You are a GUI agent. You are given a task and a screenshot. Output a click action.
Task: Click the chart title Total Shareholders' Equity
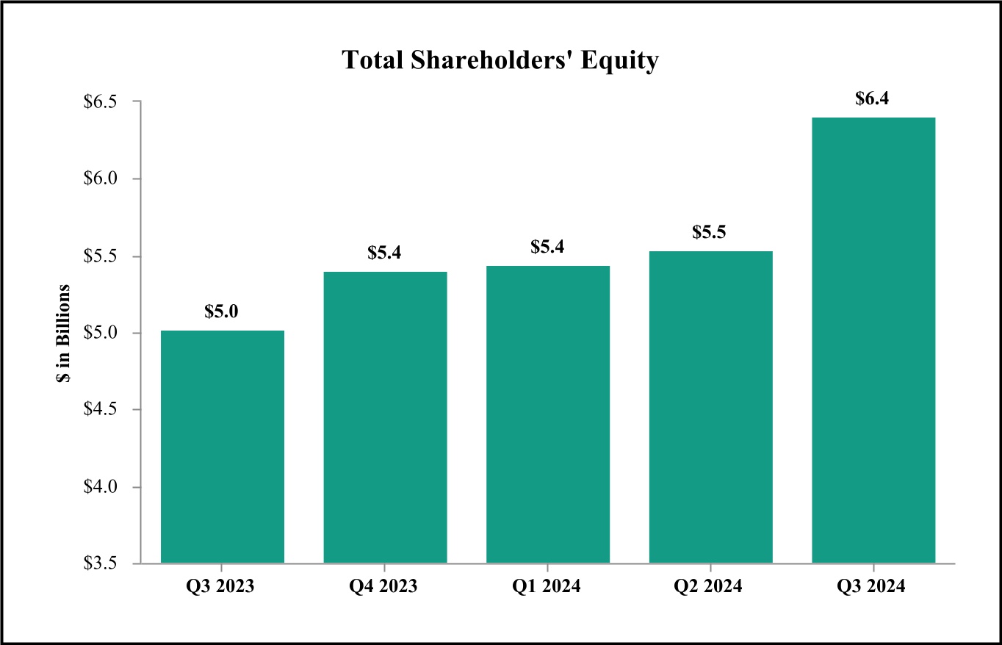click(500, 61)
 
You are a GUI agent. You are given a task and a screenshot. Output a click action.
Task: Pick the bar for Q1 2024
click(548, 414)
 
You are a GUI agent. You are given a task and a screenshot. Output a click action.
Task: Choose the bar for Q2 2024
click(711, 407)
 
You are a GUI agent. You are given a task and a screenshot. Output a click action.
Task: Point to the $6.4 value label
click(873, 98)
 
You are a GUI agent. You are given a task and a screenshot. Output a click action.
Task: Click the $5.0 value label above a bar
click(221, 311)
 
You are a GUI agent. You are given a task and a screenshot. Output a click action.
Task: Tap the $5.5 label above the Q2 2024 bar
click(710, 232)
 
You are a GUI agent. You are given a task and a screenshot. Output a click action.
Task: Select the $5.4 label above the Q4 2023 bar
click(385, 253)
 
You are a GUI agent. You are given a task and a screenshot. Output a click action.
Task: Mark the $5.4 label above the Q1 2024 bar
click(548, 247)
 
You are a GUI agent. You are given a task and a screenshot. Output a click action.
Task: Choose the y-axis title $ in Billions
click(65, 333)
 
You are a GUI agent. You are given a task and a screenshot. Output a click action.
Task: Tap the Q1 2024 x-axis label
click(548, 587)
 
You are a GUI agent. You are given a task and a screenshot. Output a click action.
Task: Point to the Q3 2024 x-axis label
click(873, 587)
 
